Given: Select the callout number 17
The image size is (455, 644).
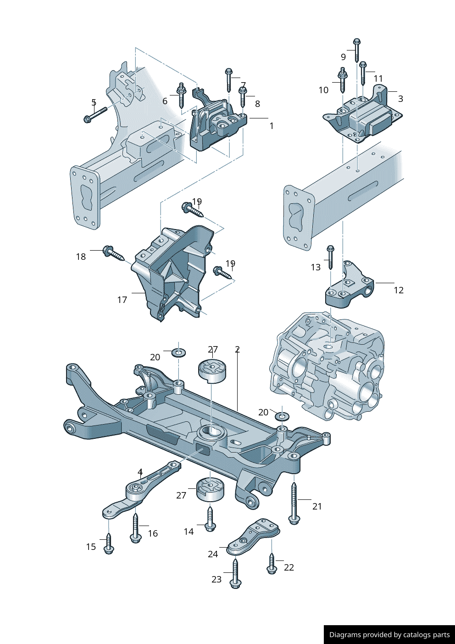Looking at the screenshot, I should pos(122,300).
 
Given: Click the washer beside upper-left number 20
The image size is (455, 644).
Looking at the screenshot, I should pos(179,353).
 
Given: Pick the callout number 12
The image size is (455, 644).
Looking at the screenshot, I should pos(399,290).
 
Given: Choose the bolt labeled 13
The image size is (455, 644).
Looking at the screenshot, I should pos(330,257).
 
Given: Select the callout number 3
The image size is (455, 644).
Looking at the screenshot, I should pos(400,99).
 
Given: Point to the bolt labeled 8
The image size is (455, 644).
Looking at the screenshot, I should pos(243,96).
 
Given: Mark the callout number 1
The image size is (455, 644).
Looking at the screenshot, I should pos(272,126).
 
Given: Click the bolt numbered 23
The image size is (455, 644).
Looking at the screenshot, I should pos(236,573).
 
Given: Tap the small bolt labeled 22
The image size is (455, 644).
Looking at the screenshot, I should pos(272,563).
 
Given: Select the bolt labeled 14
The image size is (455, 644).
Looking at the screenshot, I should pos(210,518).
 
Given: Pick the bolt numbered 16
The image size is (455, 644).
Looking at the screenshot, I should pos(135,528).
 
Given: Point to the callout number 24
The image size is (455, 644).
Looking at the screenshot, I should pos(213,554).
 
